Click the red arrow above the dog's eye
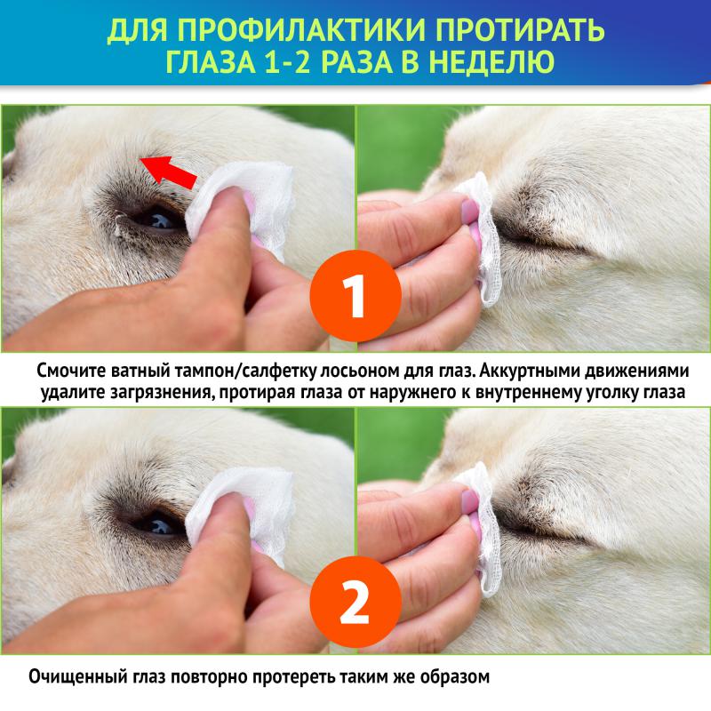tap(168, 168)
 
